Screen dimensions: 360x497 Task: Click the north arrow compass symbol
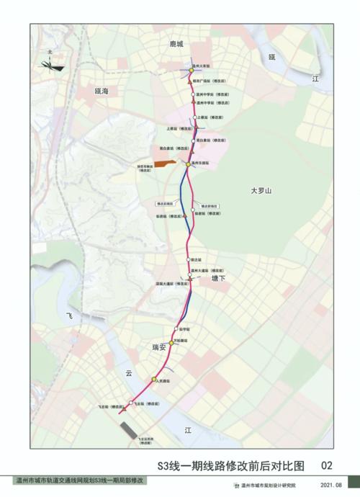click(x=49, y=63)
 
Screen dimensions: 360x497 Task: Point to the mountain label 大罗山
click(x=264, y=191)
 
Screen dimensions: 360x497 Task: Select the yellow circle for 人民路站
click(x=153, y=379)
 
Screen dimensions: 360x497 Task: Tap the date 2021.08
click(x=332, y=485)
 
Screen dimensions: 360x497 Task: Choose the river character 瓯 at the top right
click(x=271, y=56)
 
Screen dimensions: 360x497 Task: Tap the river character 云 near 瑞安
click(x=130, y=373)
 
